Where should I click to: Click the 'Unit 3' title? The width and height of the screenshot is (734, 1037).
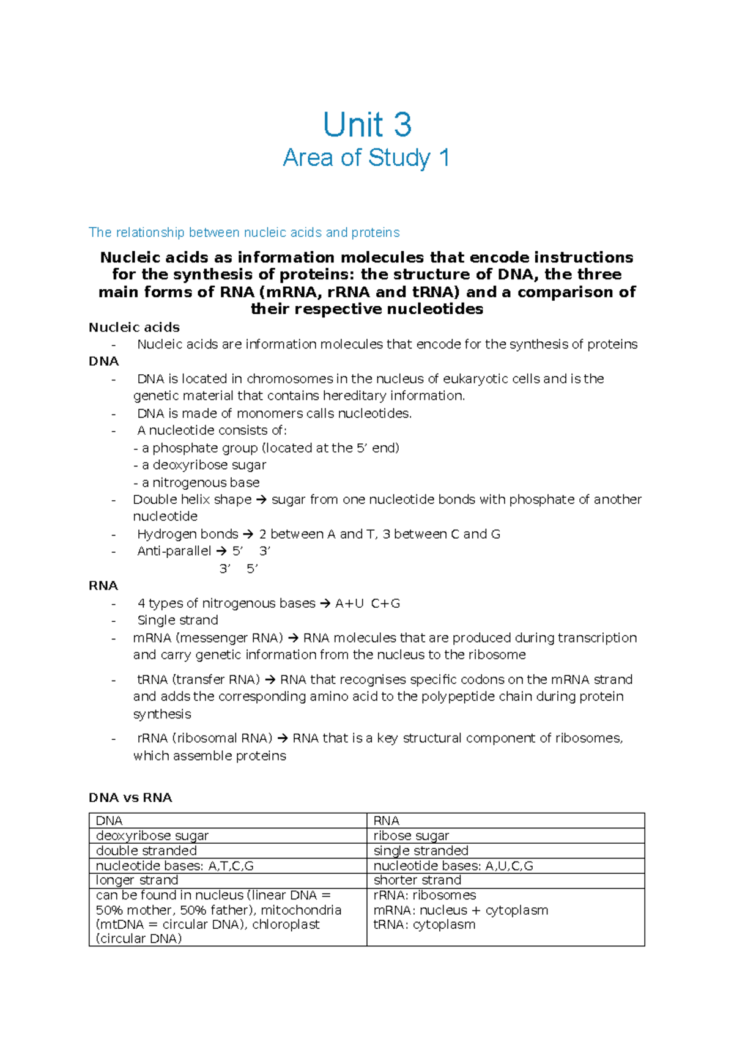coord(367,125)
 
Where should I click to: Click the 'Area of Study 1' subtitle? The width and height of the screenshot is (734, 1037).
coord(366,158)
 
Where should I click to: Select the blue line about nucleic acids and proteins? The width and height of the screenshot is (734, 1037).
coord(244,232)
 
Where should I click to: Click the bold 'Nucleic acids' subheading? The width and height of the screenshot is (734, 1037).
coord(134,327)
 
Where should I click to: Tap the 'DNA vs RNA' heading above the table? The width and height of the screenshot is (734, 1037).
coord(130,797)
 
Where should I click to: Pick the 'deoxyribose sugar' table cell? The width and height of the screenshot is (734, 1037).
coord(152,835)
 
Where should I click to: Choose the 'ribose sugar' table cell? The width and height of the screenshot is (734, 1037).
coord(411,835)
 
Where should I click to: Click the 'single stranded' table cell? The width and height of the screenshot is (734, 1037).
coord(421,851)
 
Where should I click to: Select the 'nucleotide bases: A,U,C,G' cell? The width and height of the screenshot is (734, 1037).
coord(453,866)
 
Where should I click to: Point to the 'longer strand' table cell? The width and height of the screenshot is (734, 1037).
coord(137,880)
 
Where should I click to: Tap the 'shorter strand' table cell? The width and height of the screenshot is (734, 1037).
coord(417,880)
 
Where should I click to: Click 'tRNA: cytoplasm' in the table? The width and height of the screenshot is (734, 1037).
coord(424,924)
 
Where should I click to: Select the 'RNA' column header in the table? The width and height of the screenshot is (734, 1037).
coord(386,821)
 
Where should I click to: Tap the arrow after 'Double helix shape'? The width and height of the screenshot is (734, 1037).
coord(261,500)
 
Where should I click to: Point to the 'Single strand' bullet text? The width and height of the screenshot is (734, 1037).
coord(177,620)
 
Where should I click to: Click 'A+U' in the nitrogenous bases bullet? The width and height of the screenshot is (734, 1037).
coord(349,603)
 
